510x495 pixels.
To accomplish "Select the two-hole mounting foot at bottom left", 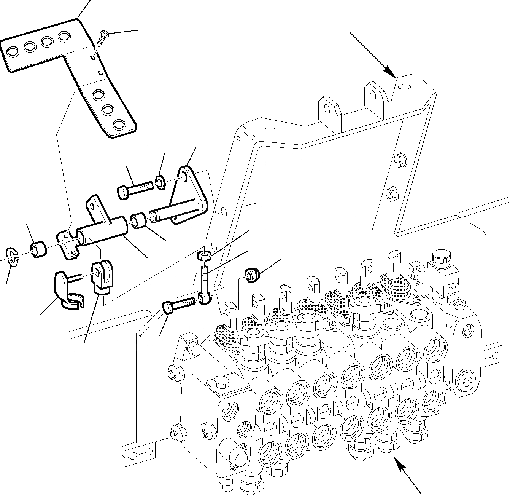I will coord(139,452).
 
